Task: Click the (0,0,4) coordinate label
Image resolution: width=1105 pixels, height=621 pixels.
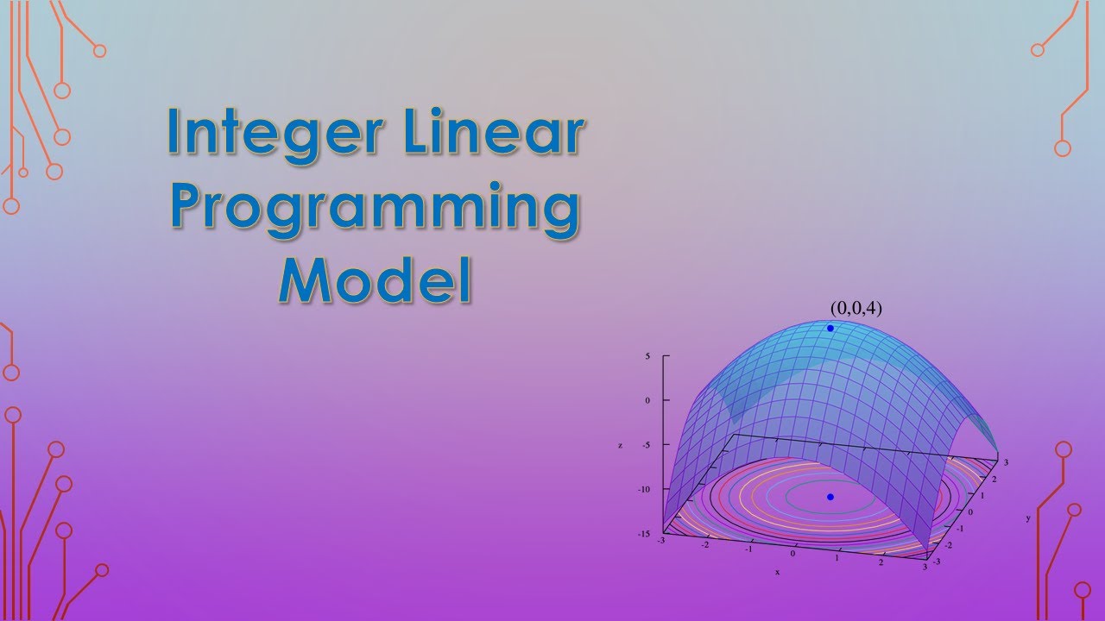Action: point(856,307)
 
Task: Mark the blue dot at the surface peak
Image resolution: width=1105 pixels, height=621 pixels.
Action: point(830,329)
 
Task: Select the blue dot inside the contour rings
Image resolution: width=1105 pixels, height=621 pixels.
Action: point(830,497)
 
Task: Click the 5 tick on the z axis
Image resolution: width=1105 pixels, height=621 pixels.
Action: point(647,355)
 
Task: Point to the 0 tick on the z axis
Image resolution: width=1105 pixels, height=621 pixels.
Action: point(647,400)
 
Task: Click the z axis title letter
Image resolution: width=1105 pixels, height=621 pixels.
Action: point(620,445)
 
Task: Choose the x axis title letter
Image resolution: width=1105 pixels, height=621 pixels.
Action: point(777,572)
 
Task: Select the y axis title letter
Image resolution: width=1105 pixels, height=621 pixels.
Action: point(1028,518)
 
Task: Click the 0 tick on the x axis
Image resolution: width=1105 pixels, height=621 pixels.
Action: point(792,553)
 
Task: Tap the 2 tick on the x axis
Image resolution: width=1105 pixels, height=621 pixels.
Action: point(882,562)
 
